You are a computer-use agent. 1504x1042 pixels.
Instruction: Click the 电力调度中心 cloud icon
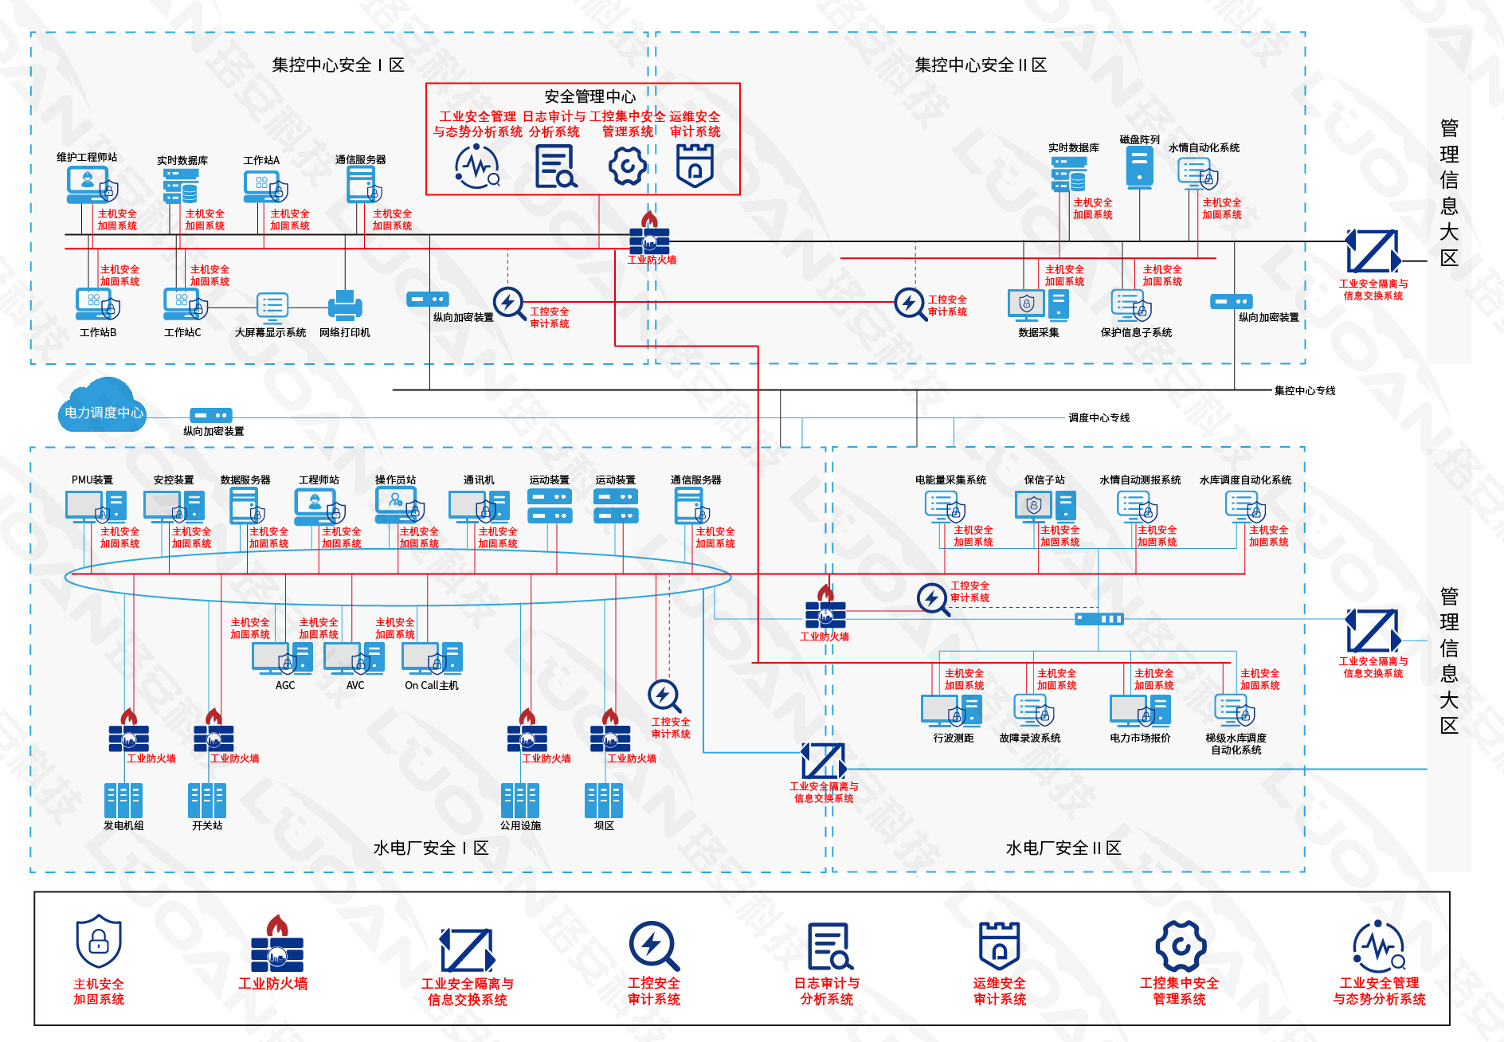103,406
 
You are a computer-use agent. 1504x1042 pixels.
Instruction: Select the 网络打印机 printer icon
345,306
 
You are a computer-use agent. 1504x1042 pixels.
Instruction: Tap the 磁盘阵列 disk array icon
1139,166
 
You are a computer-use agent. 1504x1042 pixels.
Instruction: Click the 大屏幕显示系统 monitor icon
272,306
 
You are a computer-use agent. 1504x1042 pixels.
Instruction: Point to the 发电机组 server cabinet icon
123,800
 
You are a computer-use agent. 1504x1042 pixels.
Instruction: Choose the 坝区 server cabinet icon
604,800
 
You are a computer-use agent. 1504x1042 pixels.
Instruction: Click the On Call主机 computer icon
432,659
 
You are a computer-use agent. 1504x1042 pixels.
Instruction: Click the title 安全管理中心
589,96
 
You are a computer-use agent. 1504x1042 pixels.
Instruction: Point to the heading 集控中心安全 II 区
980,65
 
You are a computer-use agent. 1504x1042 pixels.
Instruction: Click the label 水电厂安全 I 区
430,848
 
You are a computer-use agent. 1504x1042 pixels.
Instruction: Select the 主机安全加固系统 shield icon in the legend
99,942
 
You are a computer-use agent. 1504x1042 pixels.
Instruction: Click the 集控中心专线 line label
1304,390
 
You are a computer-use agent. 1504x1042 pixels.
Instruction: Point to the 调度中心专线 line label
1099,417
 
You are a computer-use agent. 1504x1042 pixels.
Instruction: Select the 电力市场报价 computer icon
1140,711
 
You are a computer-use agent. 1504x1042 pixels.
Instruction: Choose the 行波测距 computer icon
951,711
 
